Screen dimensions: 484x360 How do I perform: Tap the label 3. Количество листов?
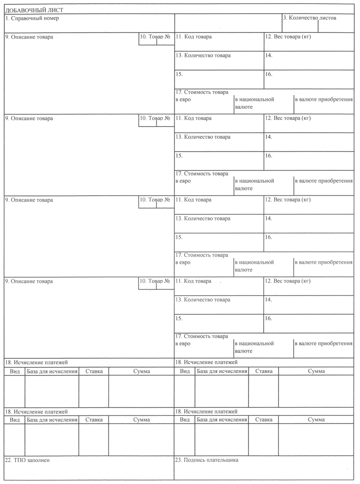click(x=309, y=18)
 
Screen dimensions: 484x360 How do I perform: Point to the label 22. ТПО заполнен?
click(x=27, y=460)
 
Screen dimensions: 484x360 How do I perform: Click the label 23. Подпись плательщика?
click(x=207, y=460)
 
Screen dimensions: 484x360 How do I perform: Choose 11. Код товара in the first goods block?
click(x=193, y=37)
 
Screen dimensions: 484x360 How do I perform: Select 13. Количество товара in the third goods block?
click(x=203, y=218)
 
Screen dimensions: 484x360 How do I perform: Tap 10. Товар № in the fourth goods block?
click(x=155, y=281)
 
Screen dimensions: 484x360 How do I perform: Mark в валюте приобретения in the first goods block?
click(x=323, y=99)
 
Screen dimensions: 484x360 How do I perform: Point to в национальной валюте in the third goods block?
click(x=254, y=266)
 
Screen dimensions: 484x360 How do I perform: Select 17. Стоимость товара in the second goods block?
click(x=202, y=174)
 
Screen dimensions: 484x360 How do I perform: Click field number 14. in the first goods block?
click(x=269, y=56)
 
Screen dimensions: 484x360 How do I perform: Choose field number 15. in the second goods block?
click(x=179, y=156)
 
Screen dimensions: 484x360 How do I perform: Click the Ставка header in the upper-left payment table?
click(x=94, y=371)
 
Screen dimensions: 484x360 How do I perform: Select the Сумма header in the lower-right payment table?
click(x=316, y=419)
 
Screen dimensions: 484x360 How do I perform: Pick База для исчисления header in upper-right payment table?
click(x=222, y=371)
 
